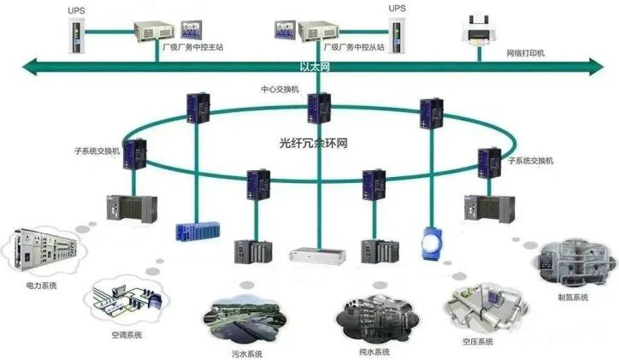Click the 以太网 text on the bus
[314, 66]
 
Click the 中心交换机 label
[280, 88]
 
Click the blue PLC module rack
[197, 229]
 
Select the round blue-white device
[433, 242]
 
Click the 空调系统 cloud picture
[127, 300]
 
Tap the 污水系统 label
[246, 353]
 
